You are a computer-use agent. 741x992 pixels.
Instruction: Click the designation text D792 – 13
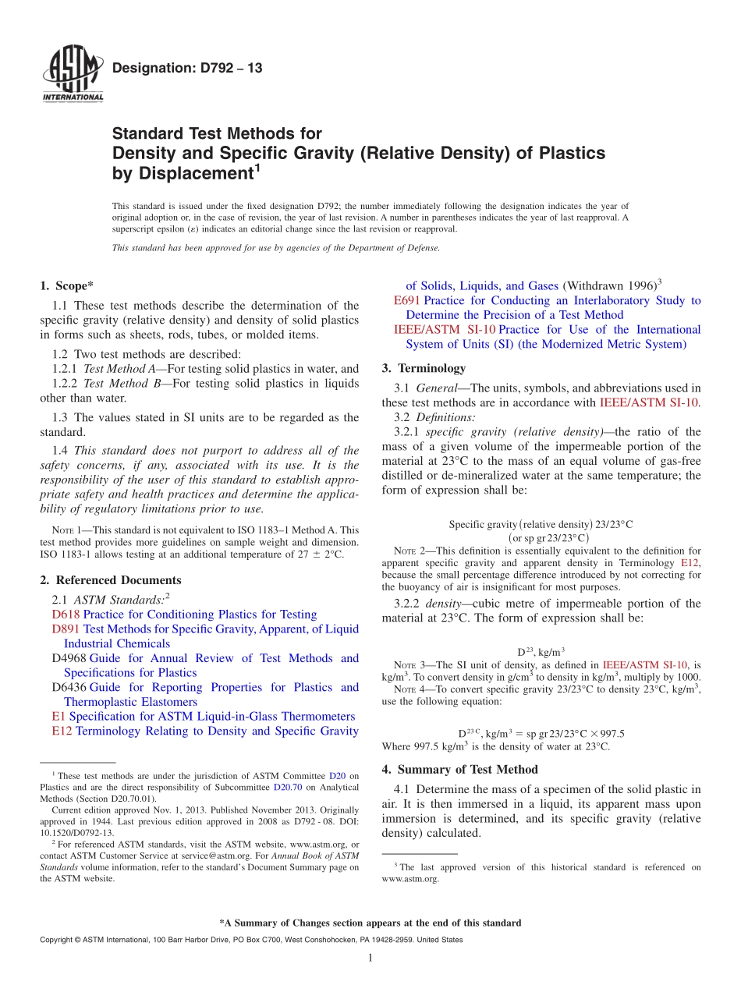(x=187, y=69)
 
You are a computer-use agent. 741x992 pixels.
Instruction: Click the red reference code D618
(x=66, y=615)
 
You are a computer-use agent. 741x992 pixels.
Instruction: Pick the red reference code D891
(x=66, y=629)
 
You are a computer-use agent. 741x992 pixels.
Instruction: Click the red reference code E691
(x=407, y=300)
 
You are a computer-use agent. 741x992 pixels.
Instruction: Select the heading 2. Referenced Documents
(x=110, y=580)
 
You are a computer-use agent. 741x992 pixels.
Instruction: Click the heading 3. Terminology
(x=424, y=368)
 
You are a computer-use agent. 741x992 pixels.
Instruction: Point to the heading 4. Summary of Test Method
(x=459, y=770)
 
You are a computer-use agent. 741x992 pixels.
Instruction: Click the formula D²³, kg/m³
(x=541, y=651)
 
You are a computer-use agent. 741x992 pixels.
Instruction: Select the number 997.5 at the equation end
(x=611, y=733)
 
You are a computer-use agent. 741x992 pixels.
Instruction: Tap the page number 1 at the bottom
(x=370, y=958)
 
